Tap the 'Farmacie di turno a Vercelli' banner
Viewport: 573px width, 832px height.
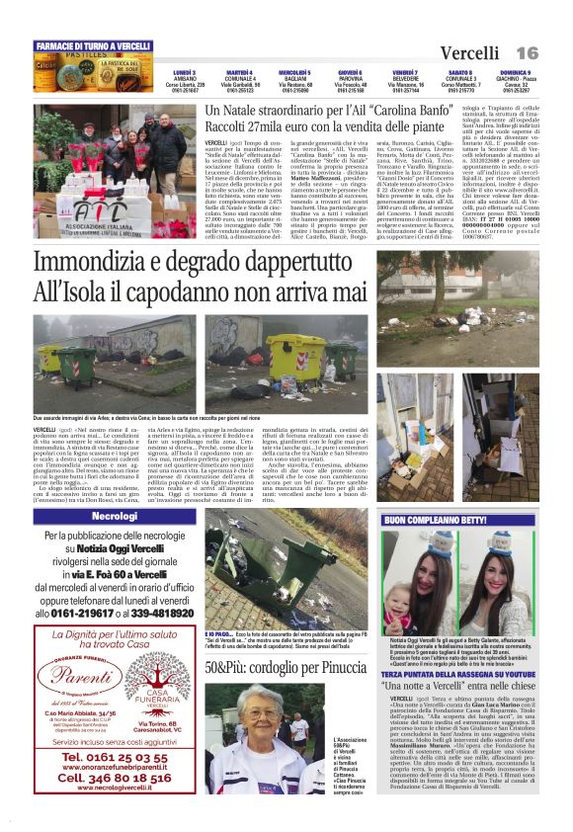pyautogui.click(x=93, y=46)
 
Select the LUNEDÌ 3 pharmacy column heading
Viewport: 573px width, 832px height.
pyautogui.click(x=184, y=72)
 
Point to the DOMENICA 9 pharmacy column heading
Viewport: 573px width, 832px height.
pyautogui.click(x=515, y=72)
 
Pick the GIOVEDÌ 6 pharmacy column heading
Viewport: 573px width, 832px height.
pyautogui.click(x=349, y=72)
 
